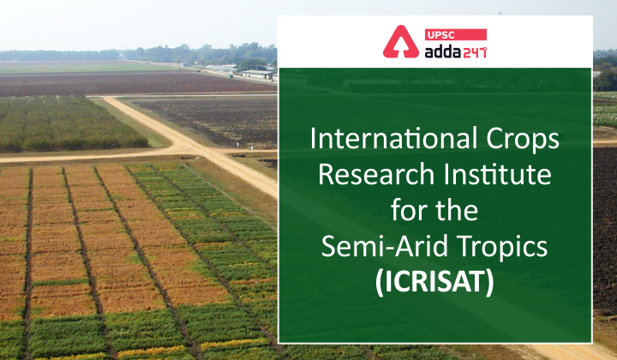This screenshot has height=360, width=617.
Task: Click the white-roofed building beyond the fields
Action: [x=257, y=75]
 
